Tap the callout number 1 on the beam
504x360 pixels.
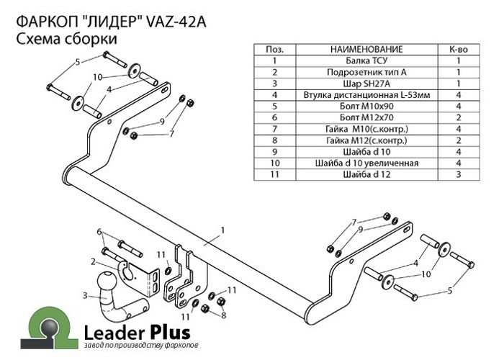(222, 230)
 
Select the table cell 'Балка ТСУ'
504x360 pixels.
(366, 60)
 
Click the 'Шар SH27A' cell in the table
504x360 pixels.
(366, 84)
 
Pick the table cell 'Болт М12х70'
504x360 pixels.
(366, 117)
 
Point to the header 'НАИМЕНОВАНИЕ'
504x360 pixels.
(366, 49)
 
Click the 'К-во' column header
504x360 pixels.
(459, 49)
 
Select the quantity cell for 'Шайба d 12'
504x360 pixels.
(459, 174)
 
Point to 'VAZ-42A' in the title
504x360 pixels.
(176, 22)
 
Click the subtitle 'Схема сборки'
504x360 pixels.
(66, 39)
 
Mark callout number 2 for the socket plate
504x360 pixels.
(93, 262)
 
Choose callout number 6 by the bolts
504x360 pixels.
(99, 232)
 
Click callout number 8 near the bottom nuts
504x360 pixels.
(224, 315)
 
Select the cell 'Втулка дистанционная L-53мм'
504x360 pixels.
(366, 95)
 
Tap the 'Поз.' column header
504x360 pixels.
(275, 49)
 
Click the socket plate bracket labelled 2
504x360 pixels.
(138, 277)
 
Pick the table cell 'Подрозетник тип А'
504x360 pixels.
(366, 72)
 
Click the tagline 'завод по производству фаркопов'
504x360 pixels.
(141, 346)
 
